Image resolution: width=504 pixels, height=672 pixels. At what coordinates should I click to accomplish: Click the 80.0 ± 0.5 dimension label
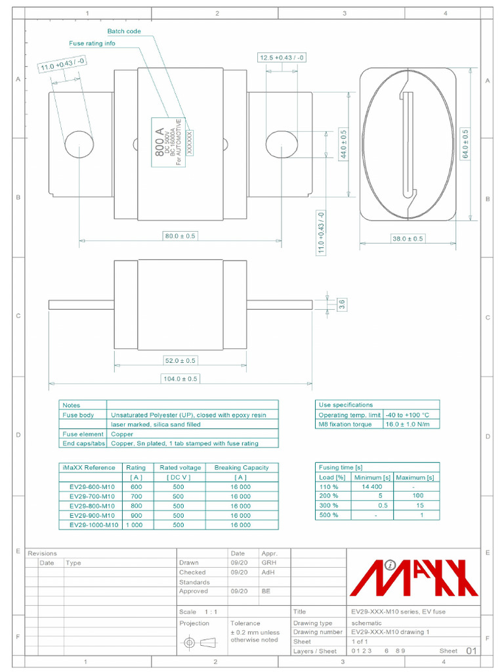tap(180, 236)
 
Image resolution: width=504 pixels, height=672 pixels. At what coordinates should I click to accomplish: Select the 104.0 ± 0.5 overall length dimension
tap(180, 379)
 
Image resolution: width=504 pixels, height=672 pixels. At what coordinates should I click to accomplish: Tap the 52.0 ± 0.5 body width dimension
tap(180, 360)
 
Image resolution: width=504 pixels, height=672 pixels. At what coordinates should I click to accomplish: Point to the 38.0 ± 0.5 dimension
tap(408, 239)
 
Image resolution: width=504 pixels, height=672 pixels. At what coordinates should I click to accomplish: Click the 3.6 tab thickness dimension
tap(341, 304)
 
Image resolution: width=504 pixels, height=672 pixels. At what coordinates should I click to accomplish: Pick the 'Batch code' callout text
tap(124, 31)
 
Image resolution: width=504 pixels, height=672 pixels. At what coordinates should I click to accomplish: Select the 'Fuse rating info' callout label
tap(93, 43)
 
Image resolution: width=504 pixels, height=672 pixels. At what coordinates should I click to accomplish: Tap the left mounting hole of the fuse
tap(79, 144)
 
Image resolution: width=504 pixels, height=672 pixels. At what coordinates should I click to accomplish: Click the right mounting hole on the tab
tap(281, 144)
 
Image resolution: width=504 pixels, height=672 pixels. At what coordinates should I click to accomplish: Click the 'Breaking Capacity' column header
tap(241, 468)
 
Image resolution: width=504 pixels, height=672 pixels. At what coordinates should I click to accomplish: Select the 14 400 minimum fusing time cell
tap(371, 487)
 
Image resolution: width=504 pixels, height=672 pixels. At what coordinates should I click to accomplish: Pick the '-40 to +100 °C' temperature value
tap(408, 415)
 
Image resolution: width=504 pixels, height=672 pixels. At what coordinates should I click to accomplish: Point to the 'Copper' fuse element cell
tap(122, 434)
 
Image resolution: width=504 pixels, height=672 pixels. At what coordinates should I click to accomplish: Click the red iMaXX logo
tap(414, 577)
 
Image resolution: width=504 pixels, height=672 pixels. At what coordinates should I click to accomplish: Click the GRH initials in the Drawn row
tap(268, 563)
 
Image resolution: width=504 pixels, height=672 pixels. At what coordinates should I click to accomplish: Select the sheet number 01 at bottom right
tap(471, 651)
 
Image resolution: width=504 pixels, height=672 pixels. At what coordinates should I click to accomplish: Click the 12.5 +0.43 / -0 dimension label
tap(282, 58)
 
